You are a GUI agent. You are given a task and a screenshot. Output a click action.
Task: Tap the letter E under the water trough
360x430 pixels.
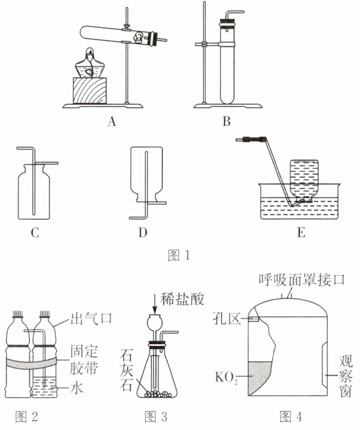point(301,232)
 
